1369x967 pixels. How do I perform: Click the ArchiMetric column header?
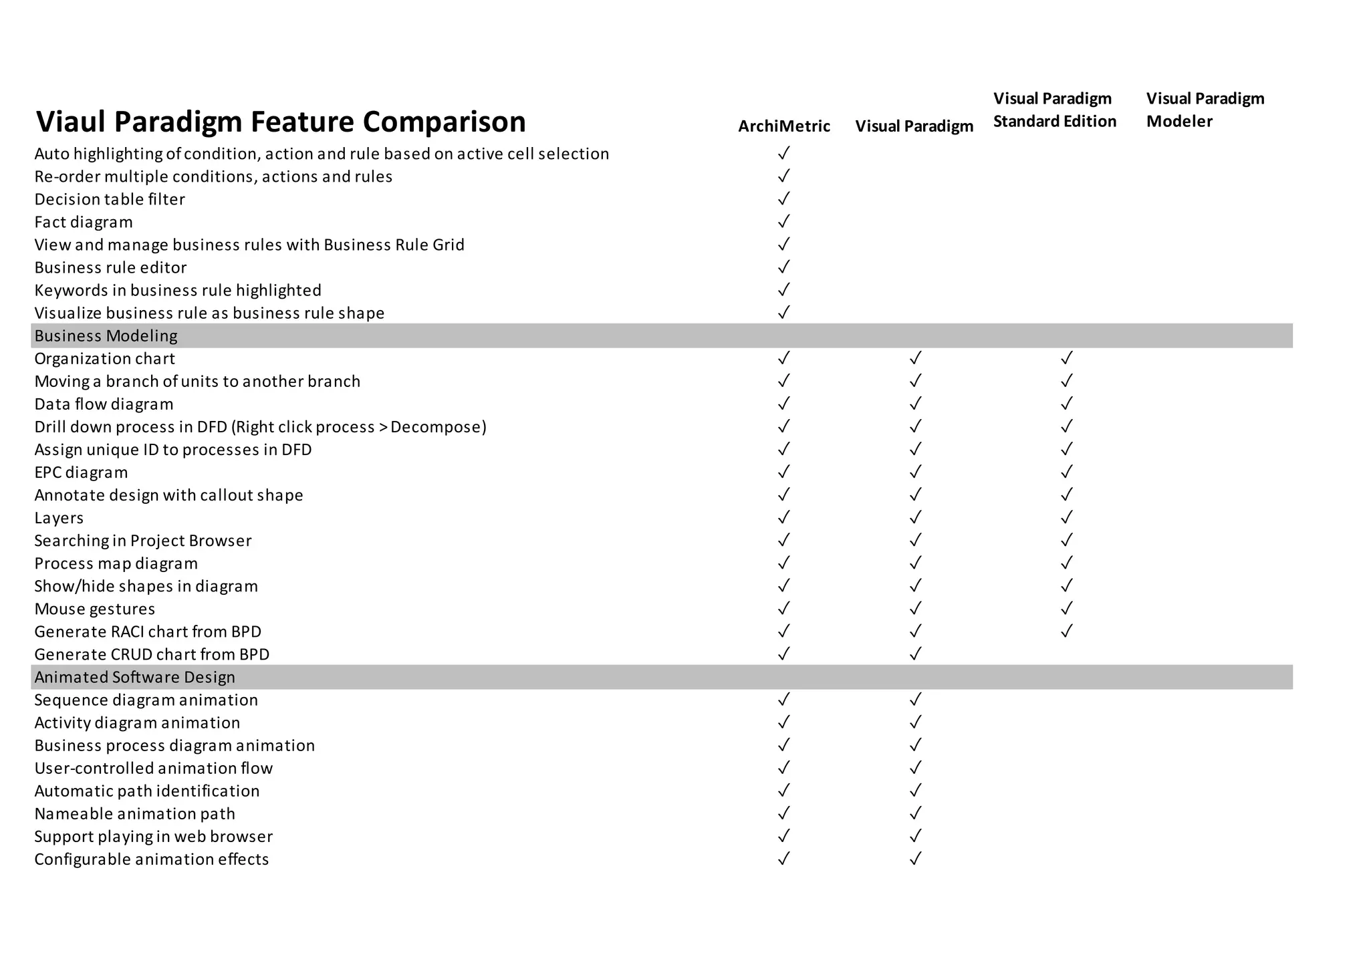(x=783, y=126)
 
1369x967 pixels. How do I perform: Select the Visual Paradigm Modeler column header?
(x=1205, y=110)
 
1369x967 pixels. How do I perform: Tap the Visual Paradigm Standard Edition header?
(x=1054, y=110)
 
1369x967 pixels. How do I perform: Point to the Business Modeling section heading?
(x=106, y=336)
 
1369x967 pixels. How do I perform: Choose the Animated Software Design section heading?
(x=134, y=678)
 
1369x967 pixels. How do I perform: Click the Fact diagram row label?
(x=84, y=222)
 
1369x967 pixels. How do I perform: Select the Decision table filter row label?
(x=110, y=199)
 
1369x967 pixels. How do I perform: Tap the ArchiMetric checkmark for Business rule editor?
(x=783, y=267)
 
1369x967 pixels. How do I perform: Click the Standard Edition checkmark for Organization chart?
(x=1066, y=358)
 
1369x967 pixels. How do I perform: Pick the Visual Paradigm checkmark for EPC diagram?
(x=915, y=472)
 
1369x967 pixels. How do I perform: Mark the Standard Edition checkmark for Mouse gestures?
(x=1066, y=609)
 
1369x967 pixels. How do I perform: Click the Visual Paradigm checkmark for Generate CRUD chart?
(x=915, y=654)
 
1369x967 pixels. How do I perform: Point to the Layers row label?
(x=59, y=518)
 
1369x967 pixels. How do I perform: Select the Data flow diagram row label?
(x=104, y=404)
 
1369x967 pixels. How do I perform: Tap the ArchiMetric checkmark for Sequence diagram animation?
(x=783, y=700)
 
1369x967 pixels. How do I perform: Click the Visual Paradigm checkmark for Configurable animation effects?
(x=915, y=859)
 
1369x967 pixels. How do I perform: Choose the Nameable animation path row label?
(x=134, y=814)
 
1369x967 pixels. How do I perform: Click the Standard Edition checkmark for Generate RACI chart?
(x=1066, y=632)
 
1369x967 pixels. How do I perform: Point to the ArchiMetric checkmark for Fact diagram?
(x=783, y=221)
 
